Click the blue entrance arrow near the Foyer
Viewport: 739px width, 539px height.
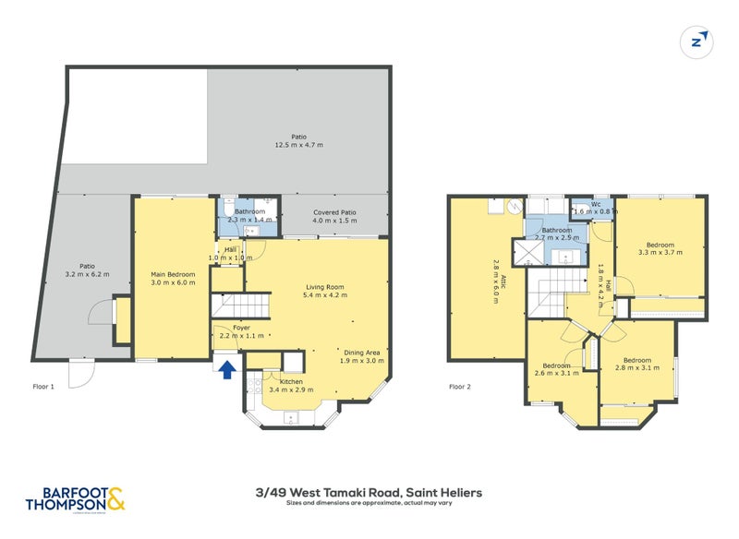224,369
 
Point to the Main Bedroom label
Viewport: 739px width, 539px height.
172,274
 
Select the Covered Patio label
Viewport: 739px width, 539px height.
333,212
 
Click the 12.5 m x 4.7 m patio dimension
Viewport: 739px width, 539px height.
298,145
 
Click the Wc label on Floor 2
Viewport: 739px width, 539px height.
597,203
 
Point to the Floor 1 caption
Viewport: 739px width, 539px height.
42,387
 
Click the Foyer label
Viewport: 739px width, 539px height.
241,327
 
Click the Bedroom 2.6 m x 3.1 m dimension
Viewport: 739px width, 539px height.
557,374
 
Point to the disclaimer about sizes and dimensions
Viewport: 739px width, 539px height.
369,505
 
